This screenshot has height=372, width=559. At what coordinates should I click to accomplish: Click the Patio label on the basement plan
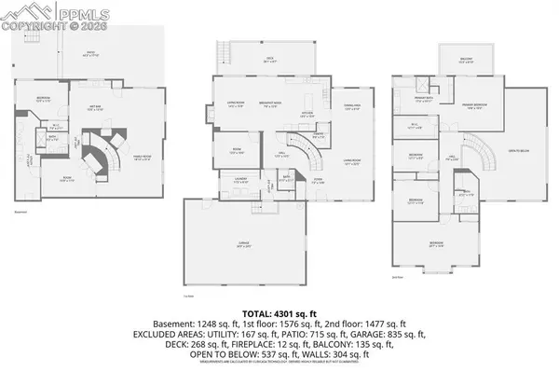91,53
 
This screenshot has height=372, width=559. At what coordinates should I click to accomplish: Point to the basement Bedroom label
44,99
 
